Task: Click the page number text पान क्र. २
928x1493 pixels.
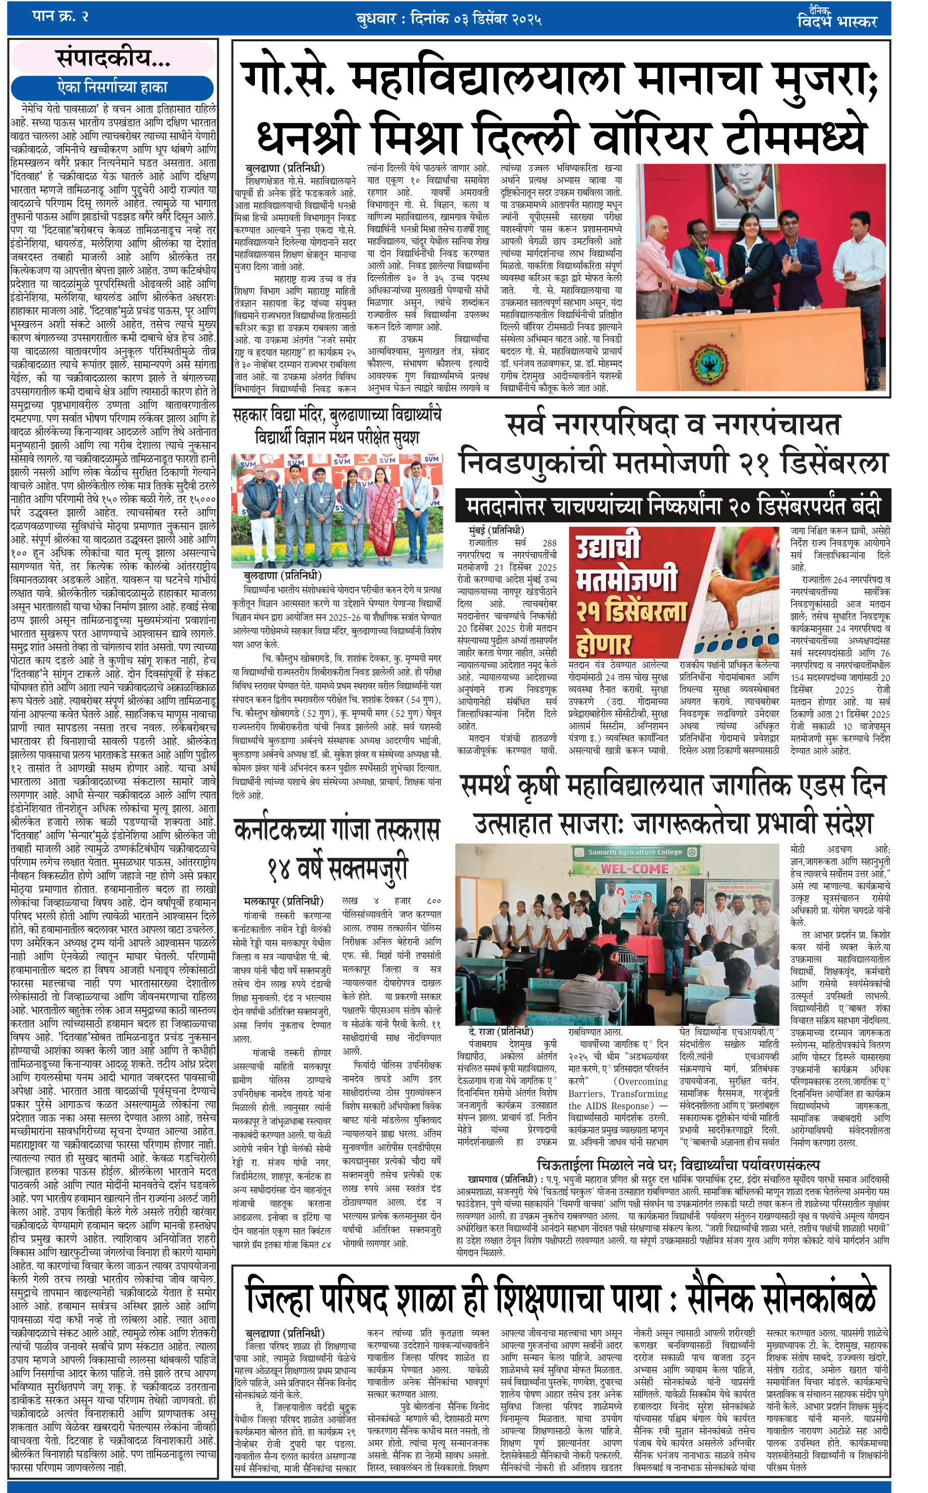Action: [x=60, y=17]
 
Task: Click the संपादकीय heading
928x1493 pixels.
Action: [x=113, y=59]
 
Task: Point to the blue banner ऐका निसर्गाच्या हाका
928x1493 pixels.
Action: [x=112, y=87]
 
